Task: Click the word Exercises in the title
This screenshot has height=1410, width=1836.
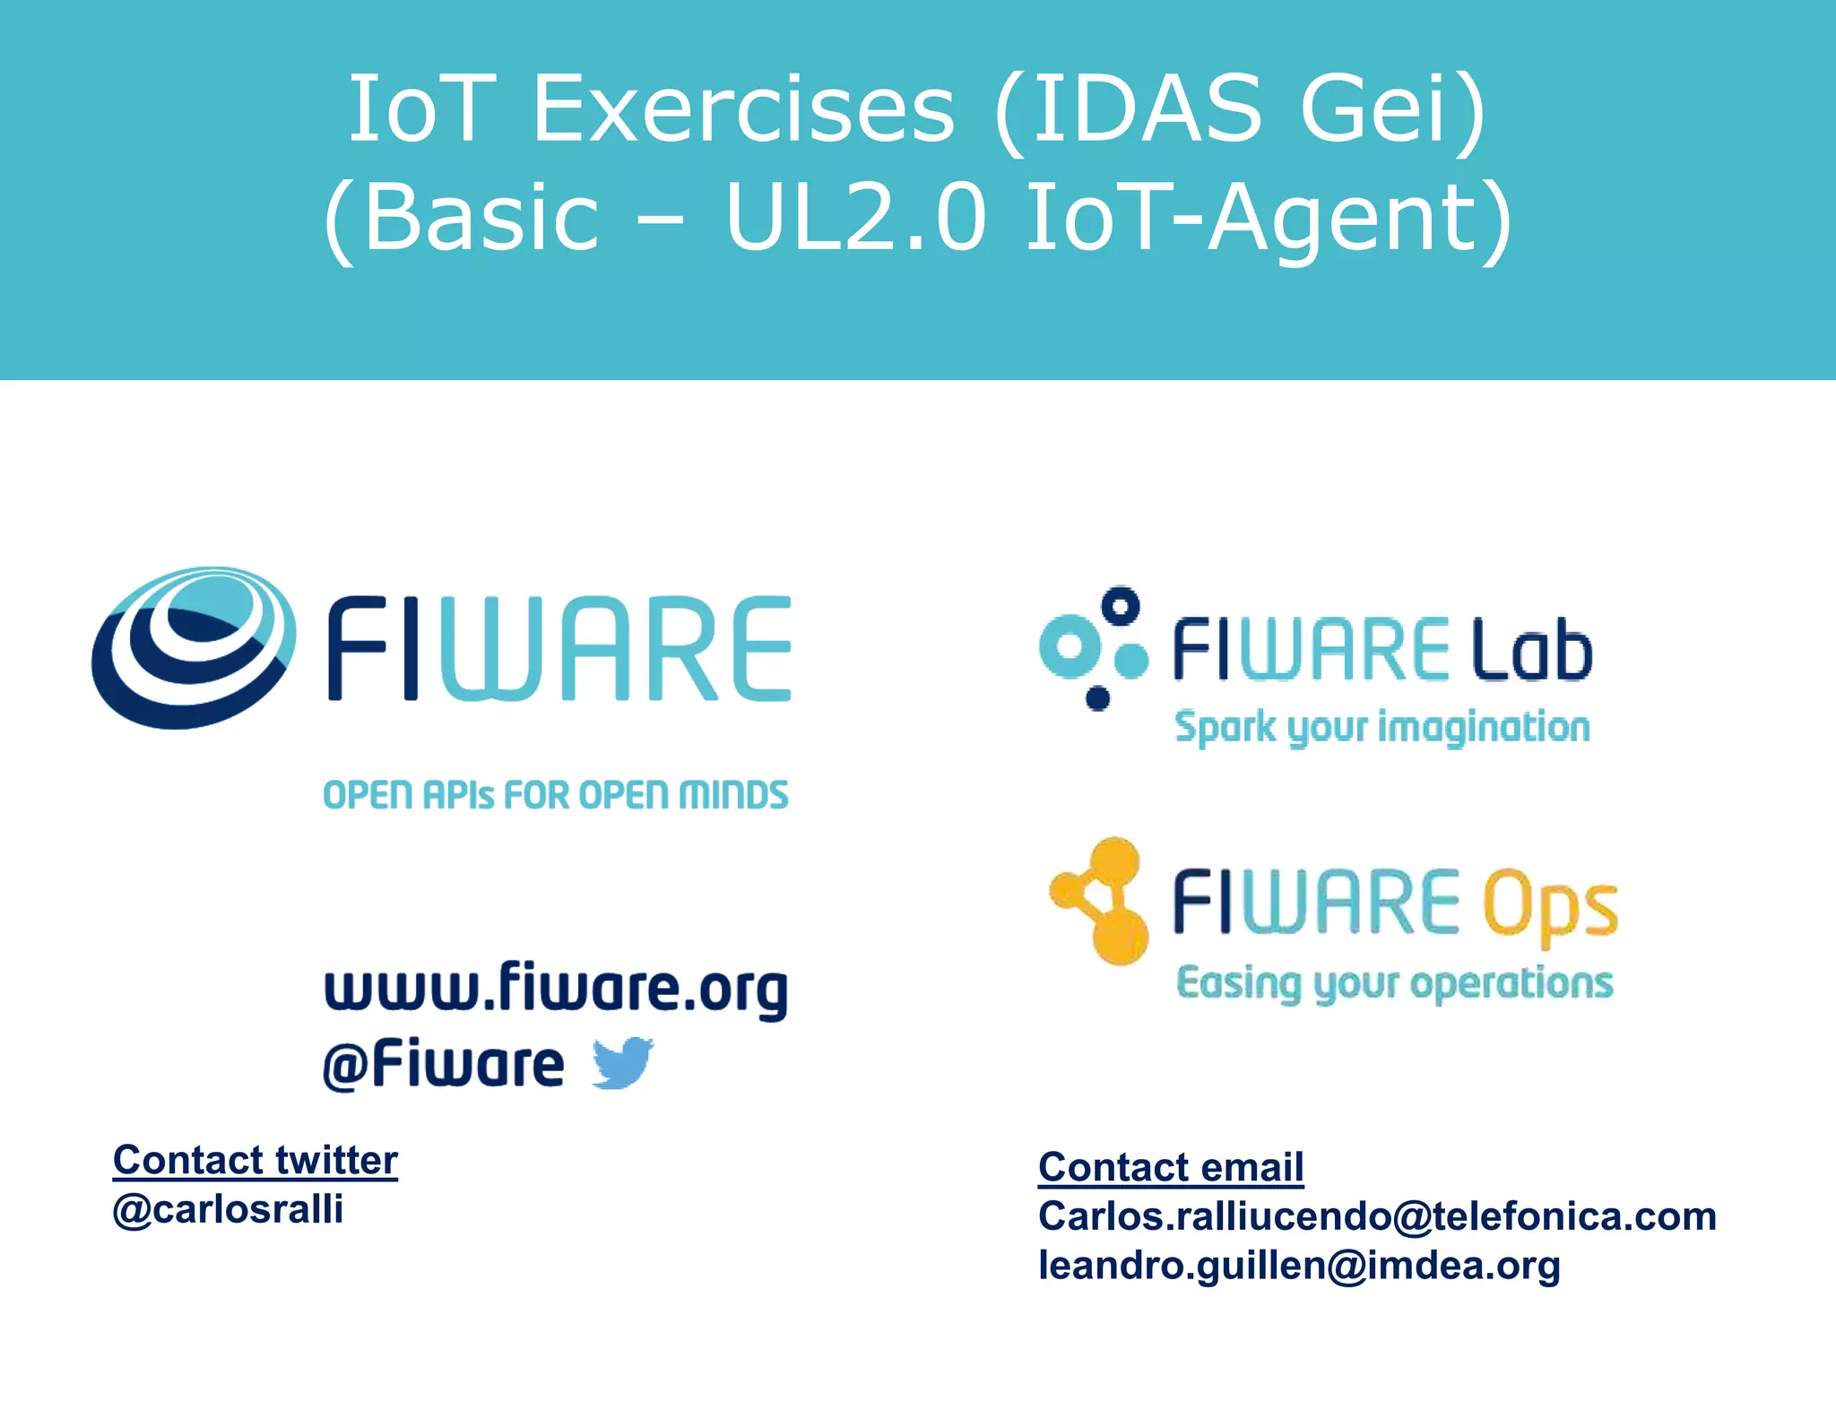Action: click(743, 109)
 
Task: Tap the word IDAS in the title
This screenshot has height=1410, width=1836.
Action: click(1147, 109)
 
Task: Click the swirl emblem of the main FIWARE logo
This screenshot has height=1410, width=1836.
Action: click(194, 646)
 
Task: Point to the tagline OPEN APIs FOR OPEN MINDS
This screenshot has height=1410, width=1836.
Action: click(556, 795)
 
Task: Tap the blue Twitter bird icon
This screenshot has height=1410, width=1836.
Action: click(623, 1062)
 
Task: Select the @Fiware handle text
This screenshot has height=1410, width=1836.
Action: click(444, 1065)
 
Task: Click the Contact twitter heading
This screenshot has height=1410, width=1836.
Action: click(255, 1161)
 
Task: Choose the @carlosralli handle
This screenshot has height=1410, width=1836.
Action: click(229, 1209)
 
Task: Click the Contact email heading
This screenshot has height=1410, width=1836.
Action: click(1171, 1167)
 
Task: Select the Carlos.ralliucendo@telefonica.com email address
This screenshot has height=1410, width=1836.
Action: click(1377, 1216)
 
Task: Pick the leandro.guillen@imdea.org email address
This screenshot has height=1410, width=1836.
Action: click(1299, 1266)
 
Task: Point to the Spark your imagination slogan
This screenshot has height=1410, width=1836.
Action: click(1382, 727)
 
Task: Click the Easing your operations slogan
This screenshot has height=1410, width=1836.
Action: click(1395, 983)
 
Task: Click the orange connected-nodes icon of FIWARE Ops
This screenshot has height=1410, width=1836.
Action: click(1101, 901)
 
